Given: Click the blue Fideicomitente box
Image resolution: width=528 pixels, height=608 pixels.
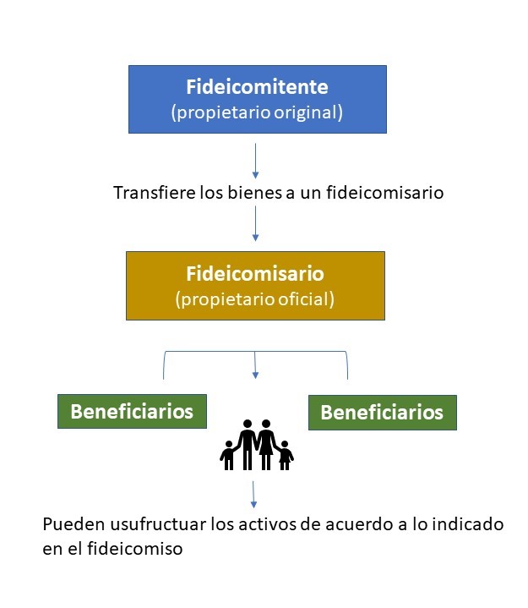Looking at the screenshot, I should (x=257, y=98).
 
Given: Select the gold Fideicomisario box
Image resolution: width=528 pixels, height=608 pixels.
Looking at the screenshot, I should (x=255, y=285).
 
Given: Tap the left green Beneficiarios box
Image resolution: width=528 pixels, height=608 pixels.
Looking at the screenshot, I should (x=132, y=411).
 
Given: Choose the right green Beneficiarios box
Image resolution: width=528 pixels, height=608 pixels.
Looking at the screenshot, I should (x=382, y=413).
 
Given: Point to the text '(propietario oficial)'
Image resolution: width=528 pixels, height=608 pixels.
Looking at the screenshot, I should (x=255, y=299).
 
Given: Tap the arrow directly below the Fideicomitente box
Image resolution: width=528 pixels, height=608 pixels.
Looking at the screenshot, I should (x=255, y=161).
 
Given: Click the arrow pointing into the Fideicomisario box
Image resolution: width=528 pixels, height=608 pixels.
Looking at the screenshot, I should (x=255, y=225).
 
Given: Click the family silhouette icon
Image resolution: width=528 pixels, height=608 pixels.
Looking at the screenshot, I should (x=256, y=445).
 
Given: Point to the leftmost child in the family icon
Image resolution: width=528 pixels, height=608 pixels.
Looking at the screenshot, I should (x=227, y=455).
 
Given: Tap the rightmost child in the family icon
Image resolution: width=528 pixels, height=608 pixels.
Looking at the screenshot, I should (x=286, y=455).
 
